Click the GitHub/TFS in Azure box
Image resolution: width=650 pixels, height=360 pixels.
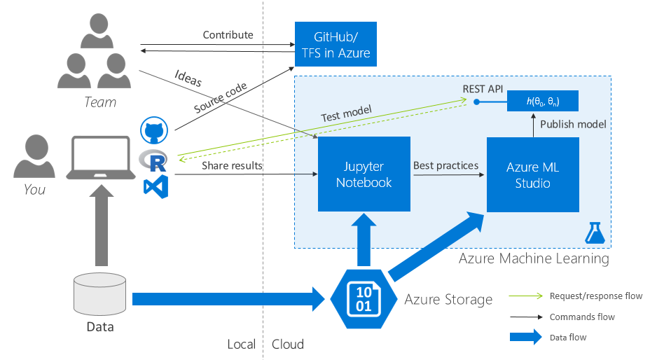pos(336,43)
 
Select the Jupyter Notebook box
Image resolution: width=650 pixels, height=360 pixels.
pos(364,174)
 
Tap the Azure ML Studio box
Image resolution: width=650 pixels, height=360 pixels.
pos(533,174)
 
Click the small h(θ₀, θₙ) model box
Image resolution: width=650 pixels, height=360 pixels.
pos(543,102)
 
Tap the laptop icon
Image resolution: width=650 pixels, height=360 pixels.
pos(101,158)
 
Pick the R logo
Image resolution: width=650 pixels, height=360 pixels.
pos(155,160)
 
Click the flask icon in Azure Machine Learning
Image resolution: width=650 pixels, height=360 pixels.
pos(595,233)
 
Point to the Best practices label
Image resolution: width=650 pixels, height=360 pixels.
pos(445,166)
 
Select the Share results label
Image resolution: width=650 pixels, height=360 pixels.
pos(232,166)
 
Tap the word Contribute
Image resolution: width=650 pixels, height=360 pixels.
pos(228,35)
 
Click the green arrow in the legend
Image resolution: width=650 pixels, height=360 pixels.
pos(525,296)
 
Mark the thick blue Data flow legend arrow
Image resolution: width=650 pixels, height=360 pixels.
pos(525,337)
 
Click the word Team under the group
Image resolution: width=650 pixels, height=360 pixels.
pos(100,102)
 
